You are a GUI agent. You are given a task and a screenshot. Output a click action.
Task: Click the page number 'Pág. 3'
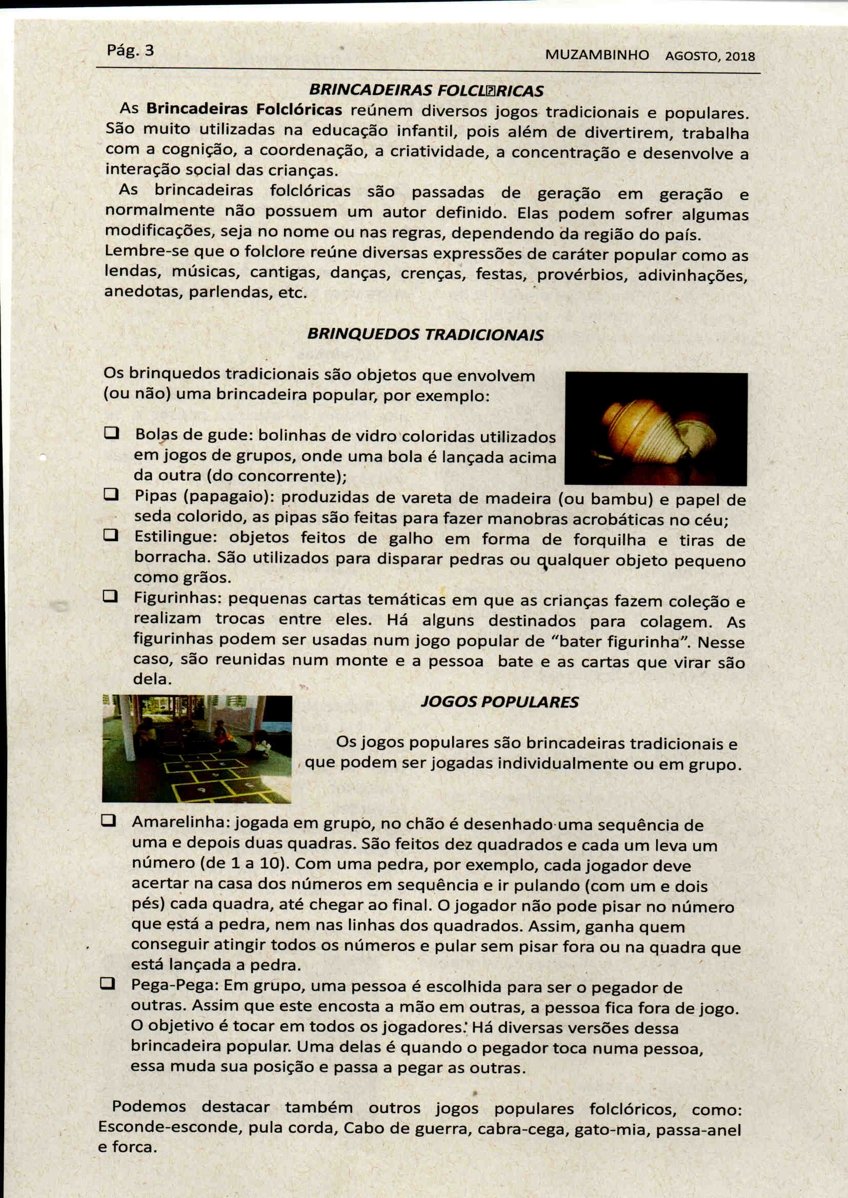[x=130, y=51]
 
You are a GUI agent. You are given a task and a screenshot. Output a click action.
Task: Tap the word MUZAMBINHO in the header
[x=597, y=55]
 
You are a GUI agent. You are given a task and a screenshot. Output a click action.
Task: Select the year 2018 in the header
[x=740, y=56]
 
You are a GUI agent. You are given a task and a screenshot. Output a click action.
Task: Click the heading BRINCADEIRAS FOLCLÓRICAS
[x=426, y=91]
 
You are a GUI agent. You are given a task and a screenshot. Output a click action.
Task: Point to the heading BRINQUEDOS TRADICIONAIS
[x=425, y=334]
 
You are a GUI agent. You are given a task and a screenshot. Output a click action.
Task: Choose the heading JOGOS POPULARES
[x=500, y=702]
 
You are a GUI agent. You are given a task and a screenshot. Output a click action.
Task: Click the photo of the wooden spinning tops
[x=656, y=429]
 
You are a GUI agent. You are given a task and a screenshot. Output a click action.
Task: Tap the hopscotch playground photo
[x=197, y=749]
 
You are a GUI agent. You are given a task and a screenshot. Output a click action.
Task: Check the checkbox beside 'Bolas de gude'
[x=111, y=433]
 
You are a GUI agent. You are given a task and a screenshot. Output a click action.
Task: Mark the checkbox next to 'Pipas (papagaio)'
[x=111, y=493]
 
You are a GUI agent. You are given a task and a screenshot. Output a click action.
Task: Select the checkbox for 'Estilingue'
[x=110, y=535]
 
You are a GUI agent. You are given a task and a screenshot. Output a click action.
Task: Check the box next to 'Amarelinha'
[x=108, y=821]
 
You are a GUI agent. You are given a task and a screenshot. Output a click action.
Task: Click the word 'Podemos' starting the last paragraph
[x=149, y=1106]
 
